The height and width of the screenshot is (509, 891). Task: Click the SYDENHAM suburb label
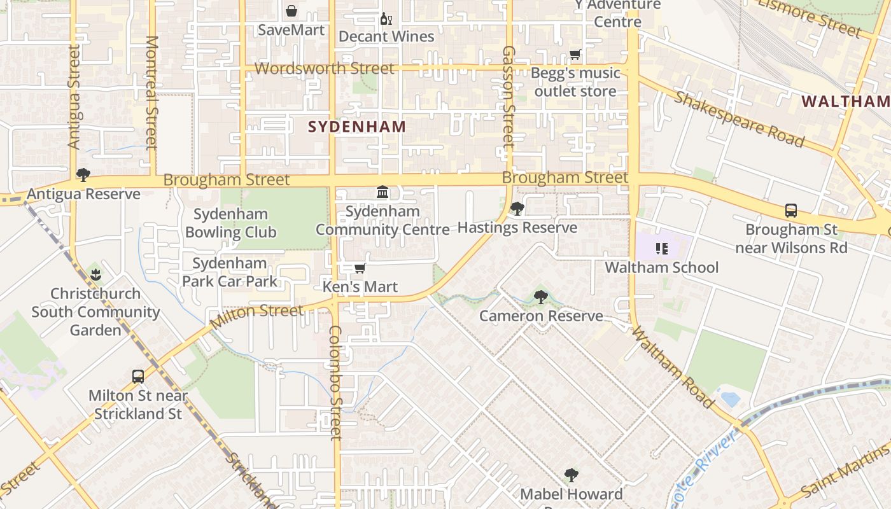point(357,127)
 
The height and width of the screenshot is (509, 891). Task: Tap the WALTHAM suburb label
point(845,101)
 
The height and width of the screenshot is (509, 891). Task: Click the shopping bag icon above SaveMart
point(291,11)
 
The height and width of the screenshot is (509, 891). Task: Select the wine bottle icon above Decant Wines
point(385,18)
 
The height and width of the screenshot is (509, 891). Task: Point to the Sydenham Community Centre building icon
point(382,192)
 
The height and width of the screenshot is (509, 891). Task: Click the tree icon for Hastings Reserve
point(517,209)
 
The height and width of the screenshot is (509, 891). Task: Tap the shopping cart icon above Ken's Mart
point(360,268)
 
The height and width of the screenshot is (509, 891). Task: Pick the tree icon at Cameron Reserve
point(540,296)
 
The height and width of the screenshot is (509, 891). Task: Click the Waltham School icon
point(661,249)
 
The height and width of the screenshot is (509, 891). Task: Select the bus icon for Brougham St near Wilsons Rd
point(791,211)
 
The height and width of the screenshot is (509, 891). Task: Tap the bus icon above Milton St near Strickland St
point(138,376)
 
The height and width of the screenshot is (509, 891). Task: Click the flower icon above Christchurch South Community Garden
point(96,275)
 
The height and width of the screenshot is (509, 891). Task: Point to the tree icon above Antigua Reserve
point(83,175)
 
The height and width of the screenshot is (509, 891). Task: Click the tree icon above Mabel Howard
point(572,475)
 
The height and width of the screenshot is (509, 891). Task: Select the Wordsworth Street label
point(325,68)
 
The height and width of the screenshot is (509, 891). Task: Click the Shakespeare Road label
point(739,119)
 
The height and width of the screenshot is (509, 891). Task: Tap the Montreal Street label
point(151,92)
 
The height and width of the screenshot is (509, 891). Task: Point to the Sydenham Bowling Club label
point(230,223)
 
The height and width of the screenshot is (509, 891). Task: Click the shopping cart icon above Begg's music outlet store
point(575,55)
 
